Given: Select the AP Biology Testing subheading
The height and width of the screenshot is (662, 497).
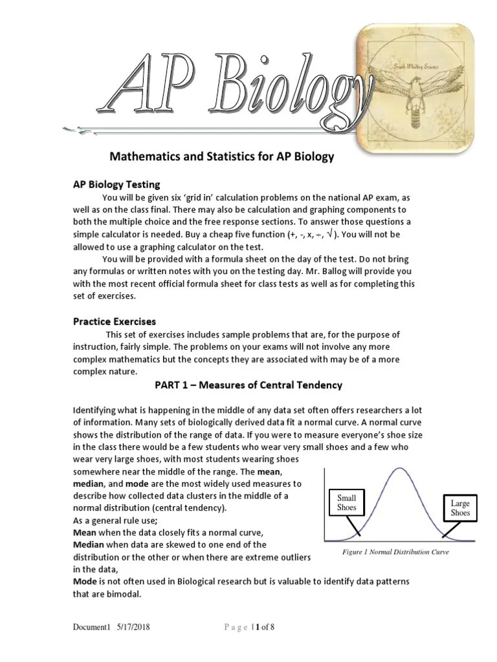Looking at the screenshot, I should [116, 185].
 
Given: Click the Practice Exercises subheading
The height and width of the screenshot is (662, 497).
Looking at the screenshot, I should [114, 321].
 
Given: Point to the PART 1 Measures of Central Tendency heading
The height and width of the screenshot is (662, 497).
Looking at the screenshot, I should [248, 385].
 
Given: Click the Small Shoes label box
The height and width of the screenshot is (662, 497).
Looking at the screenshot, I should [346, 503].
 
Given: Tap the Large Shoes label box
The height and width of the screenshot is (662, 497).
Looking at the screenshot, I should [460, 507].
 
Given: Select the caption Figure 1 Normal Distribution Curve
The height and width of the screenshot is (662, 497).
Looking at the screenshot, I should [395, 552].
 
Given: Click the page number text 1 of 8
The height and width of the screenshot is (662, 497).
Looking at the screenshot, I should [263, 627].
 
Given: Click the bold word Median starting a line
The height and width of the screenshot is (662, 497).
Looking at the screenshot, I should [88, 544].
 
